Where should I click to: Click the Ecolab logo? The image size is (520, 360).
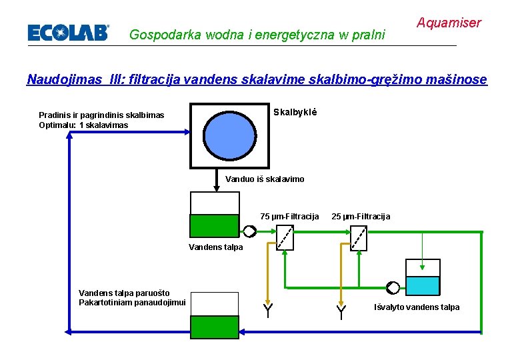(x=67, y=33)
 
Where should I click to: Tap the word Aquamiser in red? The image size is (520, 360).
(x=449, y=23)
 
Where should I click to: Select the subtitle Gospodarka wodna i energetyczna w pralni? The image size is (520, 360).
(x=257, y=34)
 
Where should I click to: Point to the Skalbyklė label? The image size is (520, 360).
(x=296, y=112)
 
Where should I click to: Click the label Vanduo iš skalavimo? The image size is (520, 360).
(x=265, y=179)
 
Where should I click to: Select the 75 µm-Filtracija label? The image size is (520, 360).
(x=290, y=216)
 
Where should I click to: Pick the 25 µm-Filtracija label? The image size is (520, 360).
(x=361, y=216)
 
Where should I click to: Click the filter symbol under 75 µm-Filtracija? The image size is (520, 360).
(x=285, y=236)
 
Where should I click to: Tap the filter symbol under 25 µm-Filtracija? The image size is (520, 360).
(x=359, y=236)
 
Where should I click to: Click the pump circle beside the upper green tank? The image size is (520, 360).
(x=249, y=231)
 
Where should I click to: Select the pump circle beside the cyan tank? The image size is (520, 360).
(x=393, y=287)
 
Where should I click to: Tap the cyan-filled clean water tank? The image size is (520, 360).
(x=423, y=285)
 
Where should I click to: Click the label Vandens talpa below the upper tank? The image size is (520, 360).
(x=216, y=247)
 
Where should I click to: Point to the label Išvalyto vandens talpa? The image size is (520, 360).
(x=417, y=307)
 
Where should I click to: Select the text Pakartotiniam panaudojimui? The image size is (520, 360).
(x=132, y=302)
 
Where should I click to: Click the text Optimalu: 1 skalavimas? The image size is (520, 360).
(x=83, y=125)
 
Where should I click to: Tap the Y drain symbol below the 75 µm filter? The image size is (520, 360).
(x=267, y=310)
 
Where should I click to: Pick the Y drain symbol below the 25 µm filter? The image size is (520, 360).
(x=341, y=311)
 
